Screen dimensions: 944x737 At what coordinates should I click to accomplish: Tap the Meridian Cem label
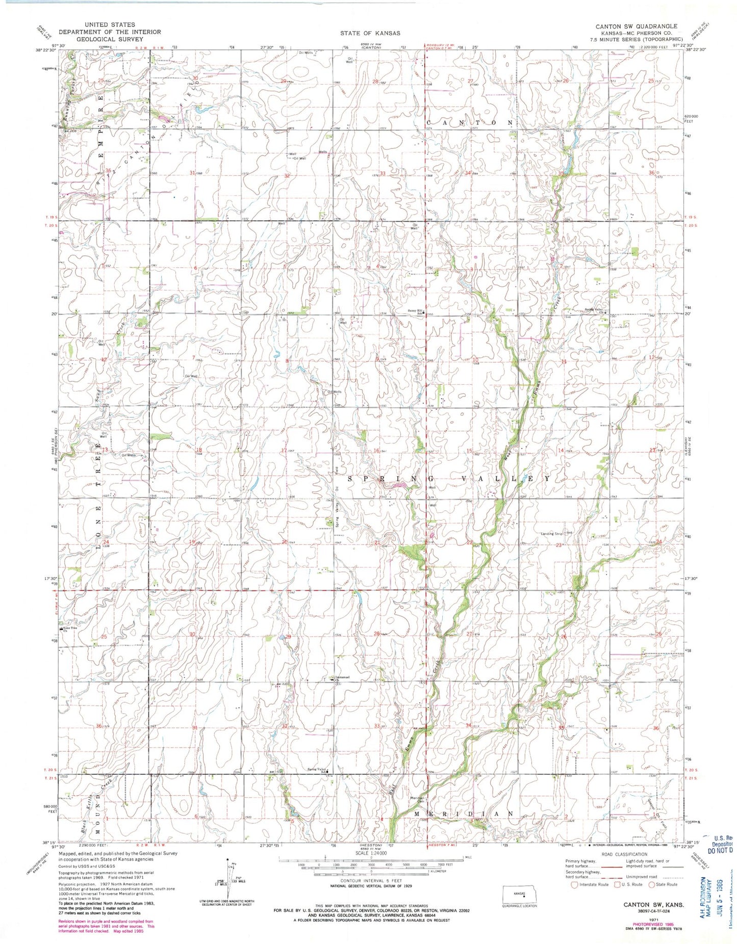tap(419, 799)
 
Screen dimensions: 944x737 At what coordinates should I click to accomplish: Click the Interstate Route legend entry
tap(587, 884)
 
